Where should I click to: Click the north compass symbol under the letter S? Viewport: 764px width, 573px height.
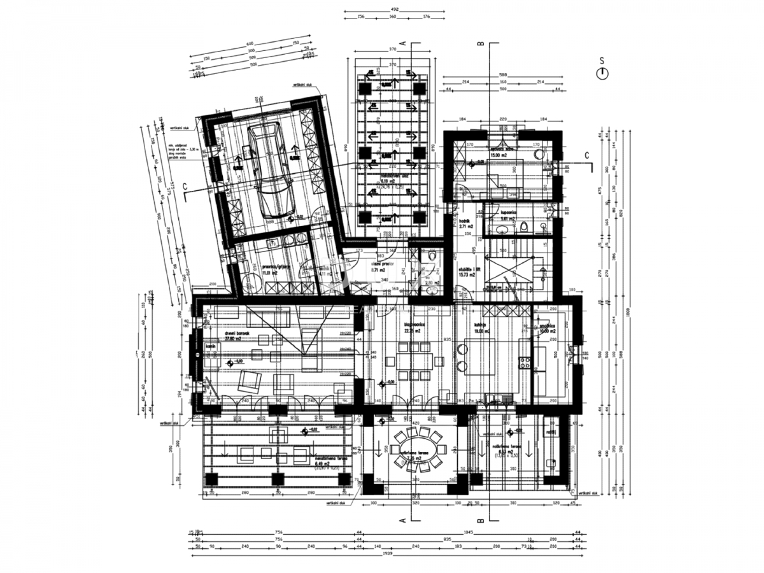click(x=602, y=74)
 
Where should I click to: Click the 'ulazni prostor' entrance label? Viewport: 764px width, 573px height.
click(x=388, y=263)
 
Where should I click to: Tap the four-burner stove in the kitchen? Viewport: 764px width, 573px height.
click(x=526, y=364)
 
